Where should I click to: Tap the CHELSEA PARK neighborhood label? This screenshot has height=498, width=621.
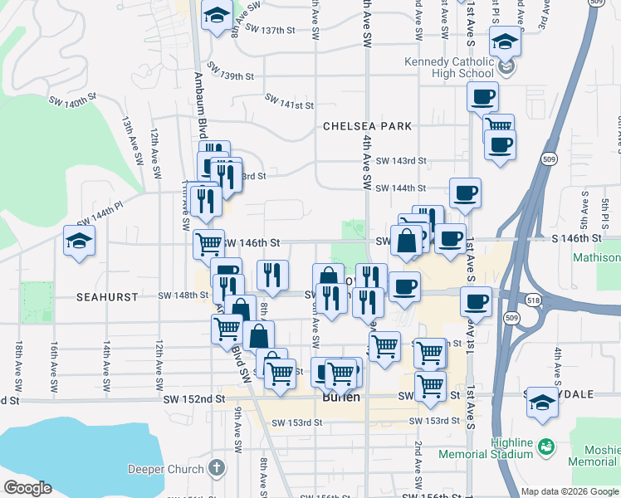(x=367, y=126)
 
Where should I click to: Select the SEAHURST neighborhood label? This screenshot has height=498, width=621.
(x=105, y=295)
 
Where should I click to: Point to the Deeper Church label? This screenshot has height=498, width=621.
(x=165, y=469)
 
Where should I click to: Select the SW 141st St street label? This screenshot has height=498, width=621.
(x=290, y=102)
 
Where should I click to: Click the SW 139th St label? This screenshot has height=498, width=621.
(x=226, y=76)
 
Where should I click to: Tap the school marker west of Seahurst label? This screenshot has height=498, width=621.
(x=79, y=242)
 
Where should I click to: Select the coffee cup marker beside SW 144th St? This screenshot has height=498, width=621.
(x=465, y=193)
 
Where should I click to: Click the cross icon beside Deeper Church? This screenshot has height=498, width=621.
(x=217, y=468)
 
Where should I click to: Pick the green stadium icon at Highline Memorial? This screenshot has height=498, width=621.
(x=546, y=447)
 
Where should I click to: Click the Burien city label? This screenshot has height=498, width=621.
(x=340, y=397)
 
